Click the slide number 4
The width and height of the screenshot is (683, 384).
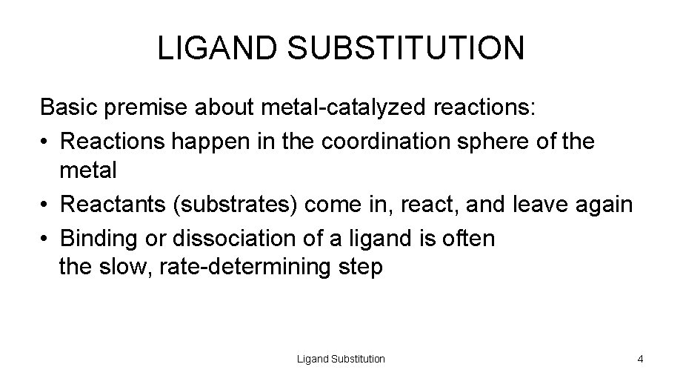[640, 359]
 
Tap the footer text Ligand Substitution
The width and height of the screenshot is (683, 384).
[341, 359]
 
